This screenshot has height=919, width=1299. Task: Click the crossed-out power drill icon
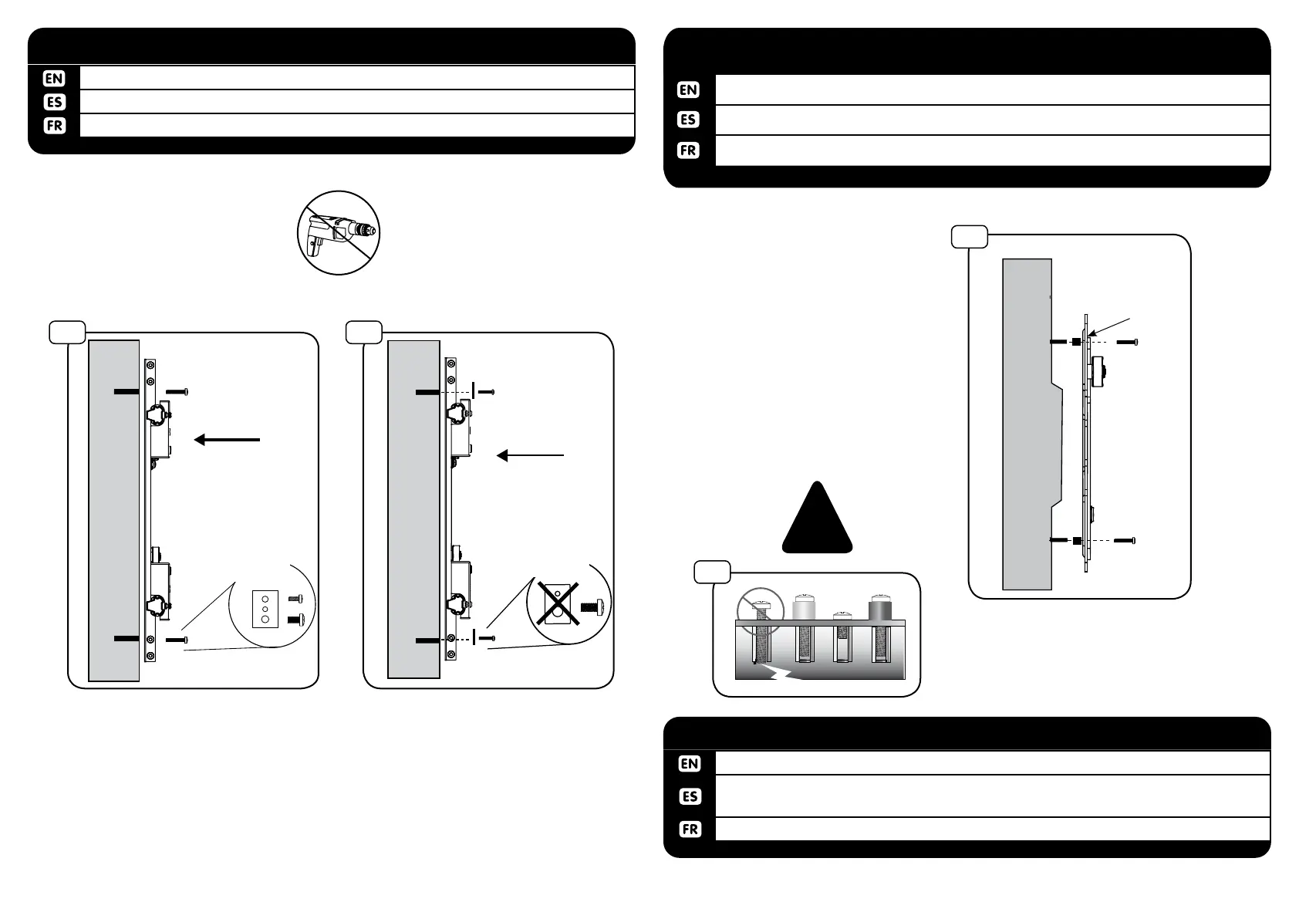tap(339, 232)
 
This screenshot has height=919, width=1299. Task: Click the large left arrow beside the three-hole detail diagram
tap(227, 440)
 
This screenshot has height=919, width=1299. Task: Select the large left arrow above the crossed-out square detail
tap(531, 456)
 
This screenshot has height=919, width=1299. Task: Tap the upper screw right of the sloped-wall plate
tap(1128, 342)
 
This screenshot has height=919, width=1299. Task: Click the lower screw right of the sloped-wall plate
tap(1123, 541)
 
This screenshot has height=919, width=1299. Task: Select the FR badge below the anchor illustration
tap(690, 829)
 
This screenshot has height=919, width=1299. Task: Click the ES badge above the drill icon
tap(55, 102)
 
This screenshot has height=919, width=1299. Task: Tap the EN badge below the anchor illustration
tap(690, 763)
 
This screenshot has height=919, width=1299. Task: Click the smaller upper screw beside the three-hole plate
tap(295, 599)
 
